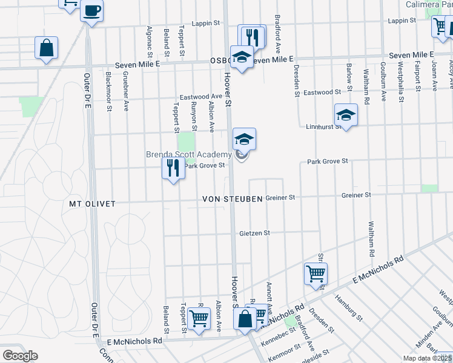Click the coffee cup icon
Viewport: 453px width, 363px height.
(92, 10)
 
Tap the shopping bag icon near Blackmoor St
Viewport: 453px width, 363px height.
(46, 48)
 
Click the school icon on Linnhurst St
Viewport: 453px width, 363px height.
(345, 114)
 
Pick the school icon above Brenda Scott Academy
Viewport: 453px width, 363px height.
(244, 139)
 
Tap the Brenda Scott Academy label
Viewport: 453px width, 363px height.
(189, 155)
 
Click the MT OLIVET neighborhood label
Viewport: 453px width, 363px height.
(92, 204)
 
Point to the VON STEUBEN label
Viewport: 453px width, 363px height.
(233, 198)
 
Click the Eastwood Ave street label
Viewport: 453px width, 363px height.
(202, 97)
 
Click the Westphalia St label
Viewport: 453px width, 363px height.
(400, 82)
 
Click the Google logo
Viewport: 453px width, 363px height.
(20, 355)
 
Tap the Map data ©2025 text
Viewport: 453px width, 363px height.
(428, 358)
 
